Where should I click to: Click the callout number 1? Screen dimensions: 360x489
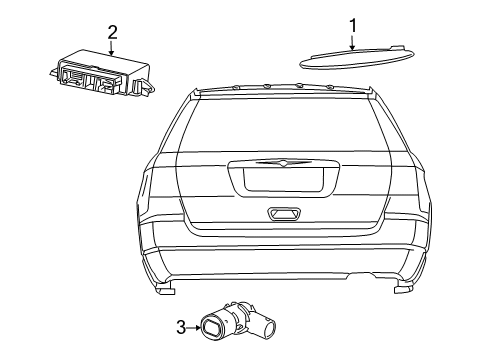point(353,25)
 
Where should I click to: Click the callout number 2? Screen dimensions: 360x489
point(112,32)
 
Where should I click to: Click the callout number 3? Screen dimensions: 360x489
point(181,325)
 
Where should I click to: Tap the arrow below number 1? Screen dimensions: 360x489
point(353,42)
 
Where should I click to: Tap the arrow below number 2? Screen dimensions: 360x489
point(112,47)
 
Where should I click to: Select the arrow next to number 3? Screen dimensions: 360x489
point(194,325)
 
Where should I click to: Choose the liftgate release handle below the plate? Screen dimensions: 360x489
point(282,213)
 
